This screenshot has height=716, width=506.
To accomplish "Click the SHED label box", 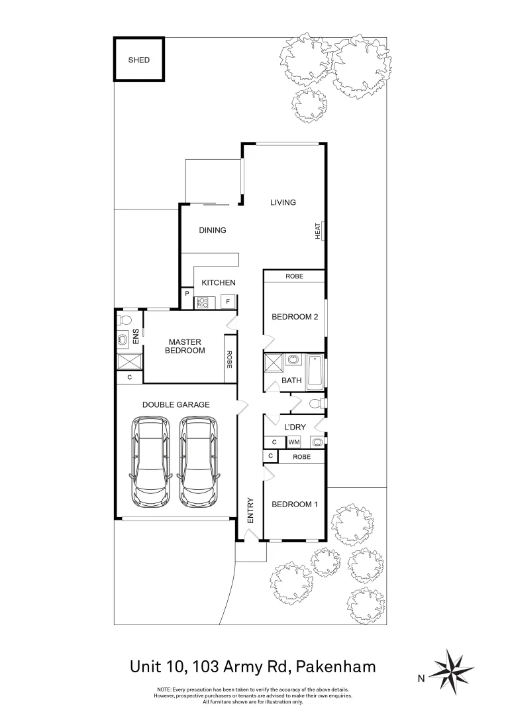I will [x=139, y=60].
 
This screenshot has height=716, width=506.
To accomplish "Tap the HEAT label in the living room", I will [x=318, y=231].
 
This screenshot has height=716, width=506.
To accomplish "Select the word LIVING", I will [x=283, y=202].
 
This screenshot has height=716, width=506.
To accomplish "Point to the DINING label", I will [x=213, y=231].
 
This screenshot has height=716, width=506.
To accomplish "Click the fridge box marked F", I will [x=228, y=302].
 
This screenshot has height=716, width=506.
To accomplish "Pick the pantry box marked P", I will [x=187, y=294].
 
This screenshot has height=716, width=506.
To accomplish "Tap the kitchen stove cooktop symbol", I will [x=203, y=302].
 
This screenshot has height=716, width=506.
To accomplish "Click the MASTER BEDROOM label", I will [x=185, y=346].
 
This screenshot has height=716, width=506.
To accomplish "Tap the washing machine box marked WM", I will [x=293, y=442].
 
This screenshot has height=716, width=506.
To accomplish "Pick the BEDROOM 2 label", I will [x=295, y=317].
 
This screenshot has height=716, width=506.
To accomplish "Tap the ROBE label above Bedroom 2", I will [x=295, y=276].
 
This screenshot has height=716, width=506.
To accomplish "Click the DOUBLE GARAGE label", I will [x=176, y=404].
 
